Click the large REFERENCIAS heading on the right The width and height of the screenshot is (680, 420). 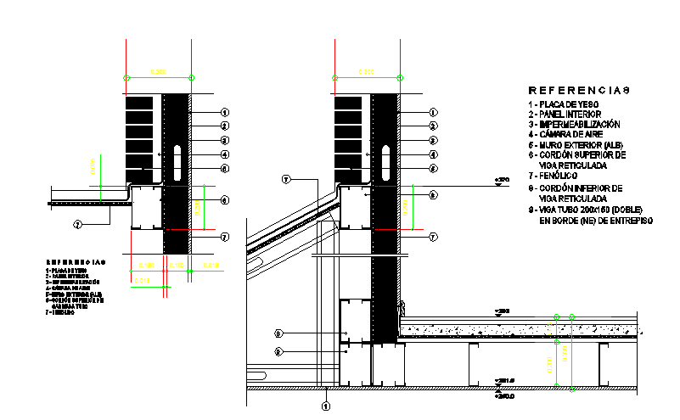click(x=580, y=89)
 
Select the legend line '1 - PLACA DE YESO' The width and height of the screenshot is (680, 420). click(x=564, y=104)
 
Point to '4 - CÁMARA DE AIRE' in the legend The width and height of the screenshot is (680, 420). click(x=568, y=134)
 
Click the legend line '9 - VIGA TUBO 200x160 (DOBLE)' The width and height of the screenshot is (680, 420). click(x=585, y=210)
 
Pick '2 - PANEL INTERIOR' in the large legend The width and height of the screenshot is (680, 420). click(x=565, y=114)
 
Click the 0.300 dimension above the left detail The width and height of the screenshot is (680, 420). click(x=158, y=71)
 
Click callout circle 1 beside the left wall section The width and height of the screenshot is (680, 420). click(x=225, y=112)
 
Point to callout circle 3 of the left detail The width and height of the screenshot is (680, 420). click(x=225, y=141)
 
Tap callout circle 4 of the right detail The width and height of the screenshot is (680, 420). click(x=433, y=154)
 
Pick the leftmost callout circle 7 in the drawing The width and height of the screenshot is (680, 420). click(x=77, y=224)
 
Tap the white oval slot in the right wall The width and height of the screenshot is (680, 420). click(x=385, y=160)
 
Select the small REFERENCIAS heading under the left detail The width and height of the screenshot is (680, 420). click(x=76, y=261)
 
